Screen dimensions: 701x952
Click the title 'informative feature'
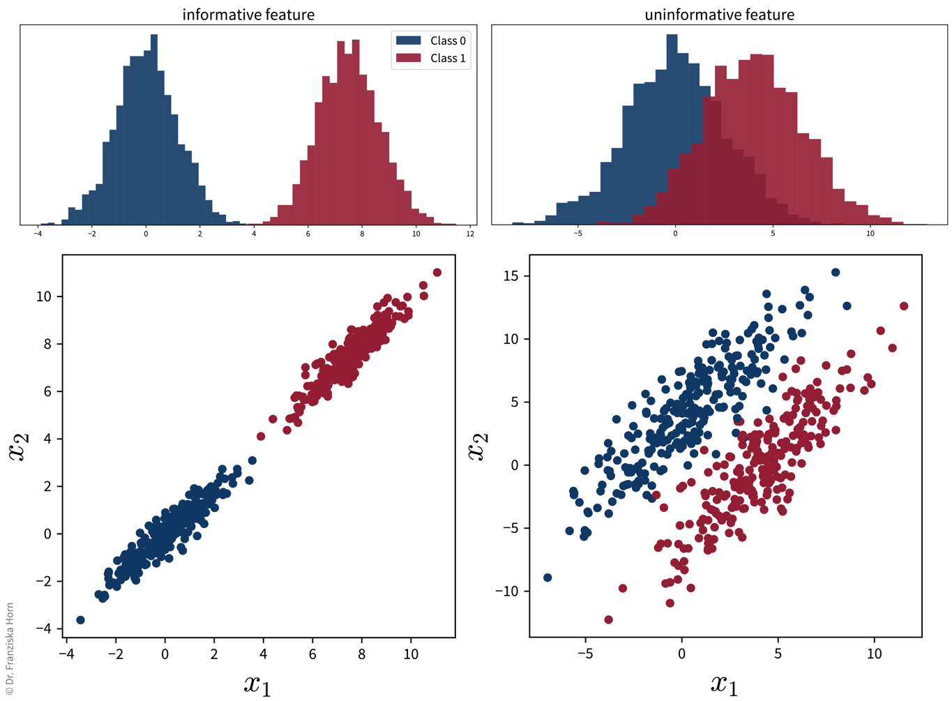(248, 14)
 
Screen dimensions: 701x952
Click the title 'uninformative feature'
(719, 14)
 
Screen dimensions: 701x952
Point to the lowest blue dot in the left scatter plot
(80, 620)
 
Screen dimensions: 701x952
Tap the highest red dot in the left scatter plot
(437, 272)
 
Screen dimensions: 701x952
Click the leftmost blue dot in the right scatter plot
(547, 578)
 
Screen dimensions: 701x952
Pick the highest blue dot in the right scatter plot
(836, 272)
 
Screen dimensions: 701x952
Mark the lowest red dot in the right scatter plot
(608, 619)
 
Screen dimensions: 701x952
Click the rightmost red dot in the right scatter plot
(904, 306)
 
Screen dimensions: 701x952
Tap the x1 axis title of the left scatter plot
(257, 684)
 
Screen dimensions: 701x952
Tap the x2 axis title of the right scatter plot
(478, 446)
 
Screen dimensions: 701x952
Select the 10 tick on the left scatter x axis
(411, 654)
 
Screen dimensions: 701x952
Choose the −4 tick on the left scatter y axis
(43, 628)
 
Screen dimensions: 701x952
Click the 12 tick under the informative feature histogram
(470, 234)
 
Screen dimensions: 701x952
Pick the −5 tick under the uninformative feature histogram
(577, 234)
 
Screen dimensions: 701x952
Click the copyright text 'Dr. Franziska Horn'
(9, 649)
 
